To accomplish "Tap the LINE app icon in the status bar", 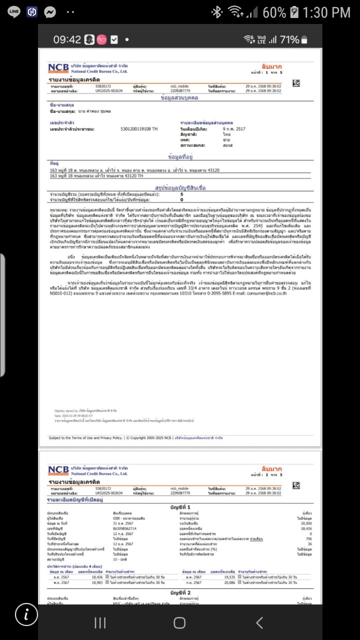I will (14, 12).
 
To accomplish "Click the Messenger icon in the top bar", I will (49, 12).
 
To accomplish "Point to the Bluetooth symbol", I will (216, 12).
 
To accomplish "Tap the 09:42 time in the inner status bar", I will (67, 39).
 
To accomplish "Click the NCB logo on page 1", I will (58, 68).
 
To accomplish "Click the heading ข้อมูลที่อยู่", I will (179, 157).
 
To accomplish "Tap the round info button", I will (26, 614).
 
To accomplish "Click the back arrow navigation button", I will (259, 622).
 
